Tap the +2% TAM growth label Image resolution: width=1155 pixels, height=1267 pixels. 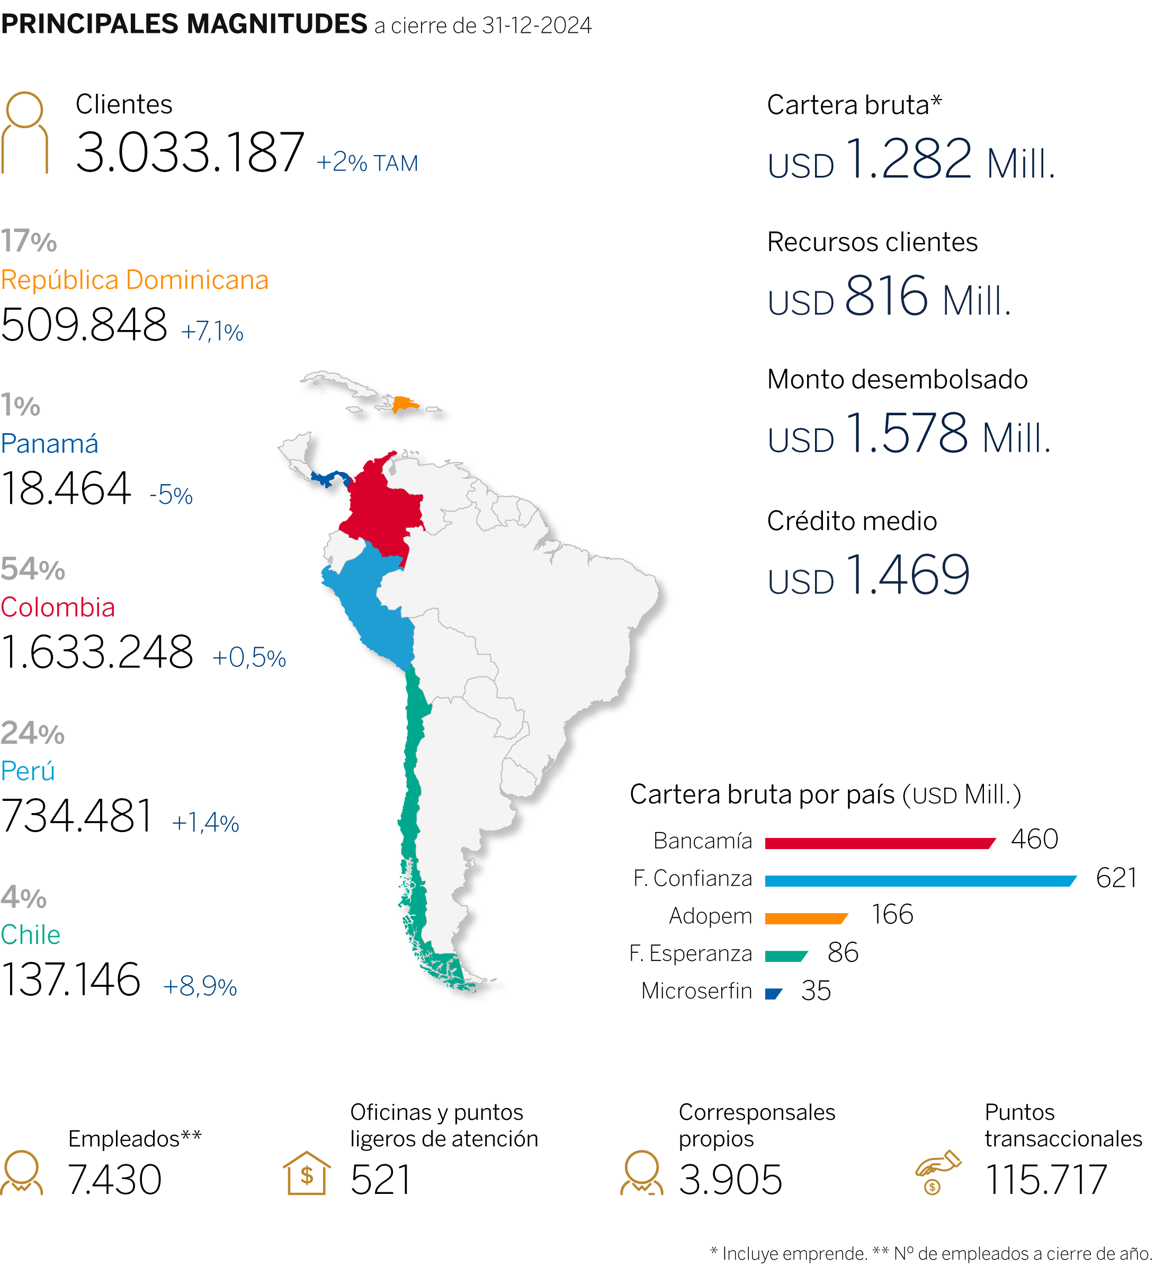point(367,163)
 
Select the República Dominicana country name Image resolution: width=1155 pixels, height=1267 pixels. point(135,280)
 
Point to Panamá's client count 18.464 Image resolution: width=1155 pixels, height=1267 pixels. point(66,488)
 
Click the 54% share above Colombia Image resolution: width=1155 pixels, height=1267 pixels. point(33,569)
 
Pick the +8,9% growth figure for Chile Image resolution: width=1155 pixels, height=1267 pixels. point(200,986)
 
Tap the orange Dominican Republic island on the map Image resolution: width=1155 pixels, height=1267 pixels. point(404,403)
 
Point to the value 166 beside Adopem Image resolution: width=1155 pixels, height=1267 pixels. point(892,914)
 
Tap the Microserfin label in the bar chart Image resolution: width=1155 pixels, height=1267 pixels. point(696,991)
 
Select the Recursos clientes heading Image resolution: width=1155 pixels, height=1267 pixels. point(872,242)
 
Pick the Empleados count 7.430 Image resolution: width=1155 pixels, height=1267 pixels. point(114,1180)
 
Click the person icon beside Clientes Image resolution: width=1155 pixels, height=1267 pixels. point(24,132)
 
